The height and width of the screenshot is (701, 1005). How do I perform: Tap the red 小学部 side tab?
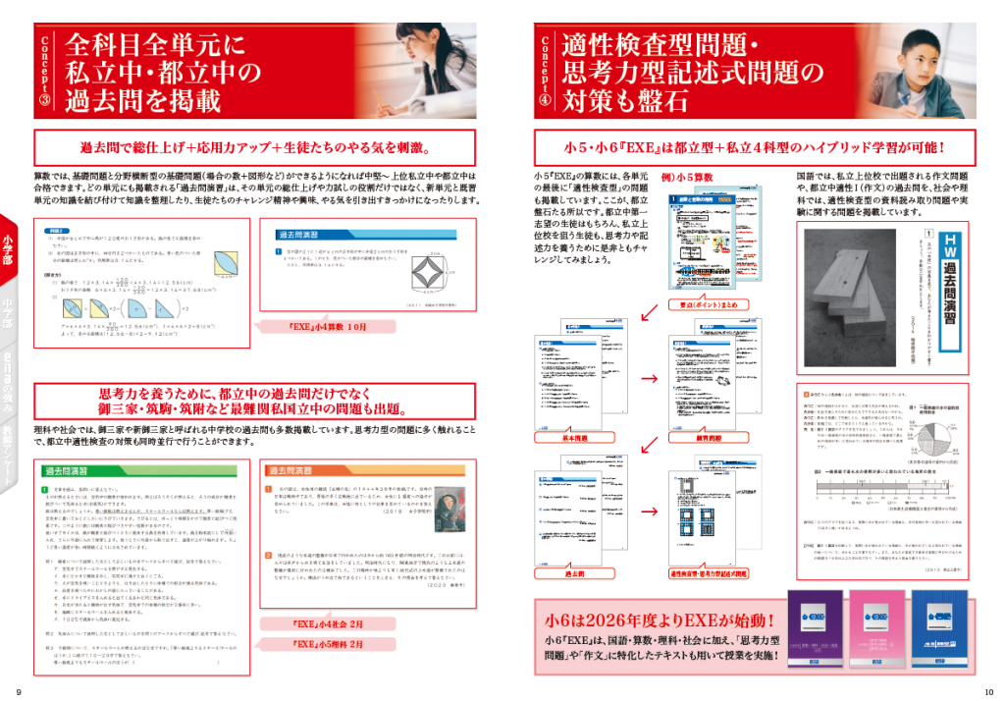pyautogui.click(x=8, y=245)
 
